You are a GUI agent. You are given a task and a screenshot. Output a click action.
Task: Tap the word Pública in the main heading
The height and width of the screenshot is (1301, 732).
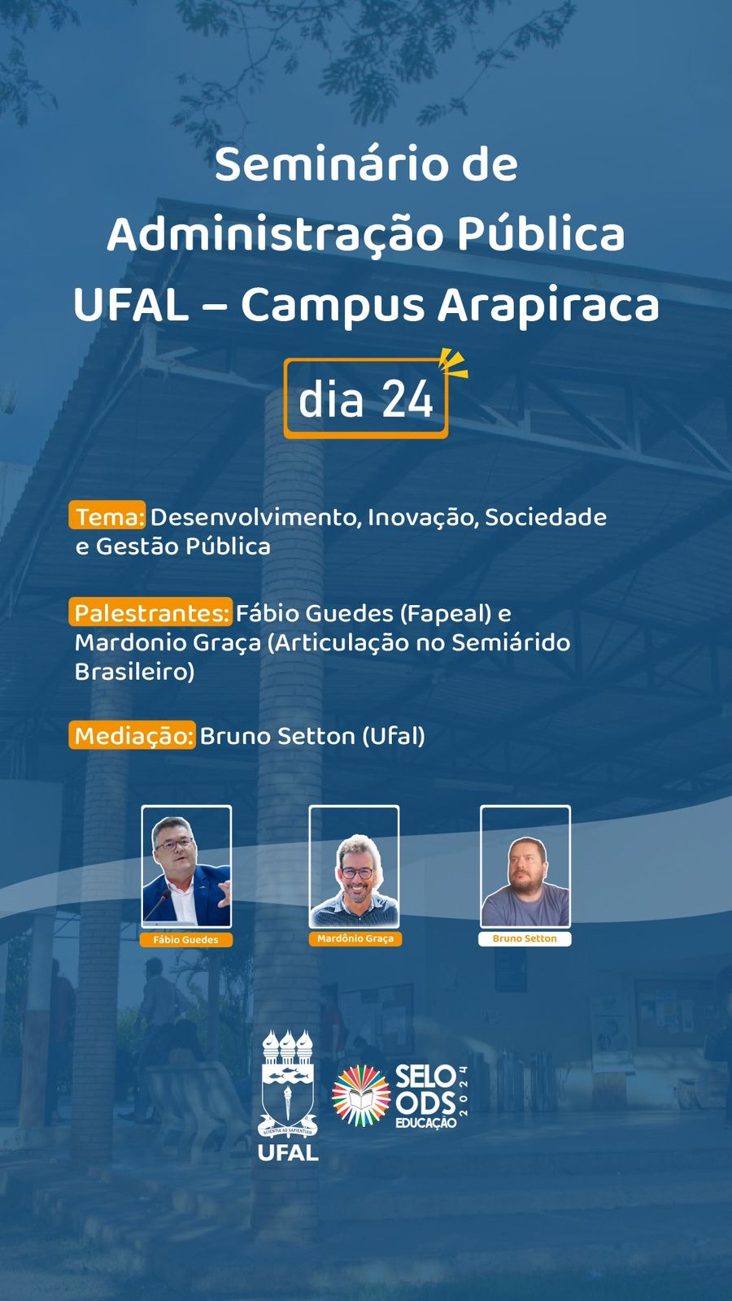(x=541, y=235)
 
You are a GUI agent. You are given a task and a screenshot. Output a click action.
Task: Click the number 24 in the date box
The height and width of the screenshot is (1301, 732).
(x=407, y=399)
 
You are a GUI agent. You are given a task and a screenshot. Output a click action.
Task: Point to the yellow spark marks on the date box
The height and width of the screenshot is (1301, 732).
(x=453, y=363)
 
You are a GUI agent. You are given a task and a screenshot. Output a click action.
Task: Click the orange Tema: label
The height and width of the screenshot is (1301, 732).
(x=107, y=516)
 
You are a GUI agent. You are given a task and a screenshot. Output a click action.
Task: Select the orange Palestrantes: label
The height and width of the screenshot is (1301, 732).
(x=150, y=612)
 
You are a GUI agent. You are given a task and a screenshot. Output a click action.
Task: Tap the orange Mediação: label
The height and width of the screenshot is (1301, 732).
(x=133, y=735)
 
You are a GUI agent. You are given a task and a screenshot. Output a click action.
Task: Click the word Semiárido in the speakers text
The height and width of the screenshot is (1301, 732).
(x=511, y=642)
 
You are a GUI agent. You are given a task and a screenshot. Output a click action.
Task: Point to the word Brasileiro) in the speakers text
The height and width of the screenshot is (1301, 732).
(x=135, y=672)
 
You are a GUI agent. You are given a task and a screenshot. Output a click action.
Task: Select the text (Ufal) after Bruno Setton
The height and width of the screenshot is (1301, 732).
(x=394, y=737)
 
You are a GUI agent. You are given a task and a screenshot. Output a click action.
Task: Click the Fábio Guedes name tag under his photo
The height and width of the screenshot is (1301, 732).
(x=186, y=940)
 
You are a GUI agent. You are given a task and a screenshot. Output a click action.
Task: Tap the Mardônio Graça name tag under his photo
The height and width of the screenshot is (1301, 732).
(x=355, y=938)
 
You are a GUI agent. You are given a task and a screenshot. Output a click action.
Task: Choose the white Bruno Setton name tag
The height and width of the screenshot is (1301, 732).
(x=525, y=938)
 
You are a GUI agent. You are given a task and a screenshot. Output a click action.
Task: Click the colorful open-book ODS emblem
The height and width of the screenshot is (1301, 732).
(x=361, y=1095)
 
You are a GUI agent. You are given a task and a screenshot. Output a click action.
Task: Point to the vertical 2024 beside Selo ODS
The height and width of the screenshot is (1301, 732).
(x=463, y=1090)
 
